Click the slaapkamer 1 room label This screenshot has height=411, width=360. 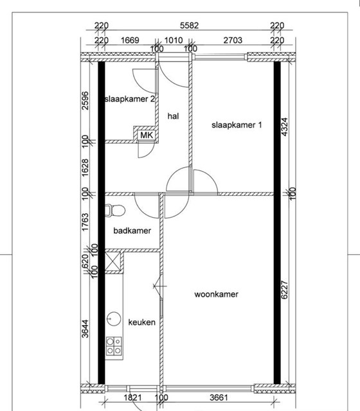point(237,125)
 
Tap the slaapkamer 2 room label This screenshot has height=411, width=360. point(129,100)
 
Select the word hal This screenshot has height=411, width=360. point(173,116)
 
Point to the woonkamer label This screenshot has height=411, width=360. point(216,294)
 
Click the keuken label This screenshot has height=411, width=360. point(141,322)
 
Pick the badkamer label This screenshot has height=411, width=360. point(132,231)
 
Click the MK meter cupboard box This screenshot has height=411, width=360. point(147,136)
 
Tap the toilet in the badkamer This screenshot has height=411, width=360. point(115,211)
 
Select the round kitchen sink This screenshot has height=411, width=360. point(114,319)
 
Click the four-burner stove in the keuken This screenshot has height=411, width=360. point(114,346)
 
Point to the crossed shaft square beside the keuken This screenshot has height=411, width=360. point(113,261)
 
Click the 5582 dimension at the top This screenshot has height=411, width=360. point(189,26)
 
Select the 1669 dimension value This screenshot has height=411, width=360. point(130,40)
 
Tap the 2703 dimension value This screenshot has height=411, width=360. point(233,40)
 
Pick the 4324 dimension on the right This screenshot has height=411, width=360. point(284,127)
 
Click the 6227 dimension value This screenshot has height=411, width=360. point(284,290)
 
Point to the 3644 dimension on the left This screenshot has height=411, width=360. point(85,329)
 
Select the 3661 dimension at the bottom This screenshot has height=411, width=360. point(219,398)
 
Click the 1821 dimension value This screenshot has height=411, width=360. point(133,398)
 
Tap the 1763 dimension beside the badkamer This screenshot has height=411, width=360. point(85,222)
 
